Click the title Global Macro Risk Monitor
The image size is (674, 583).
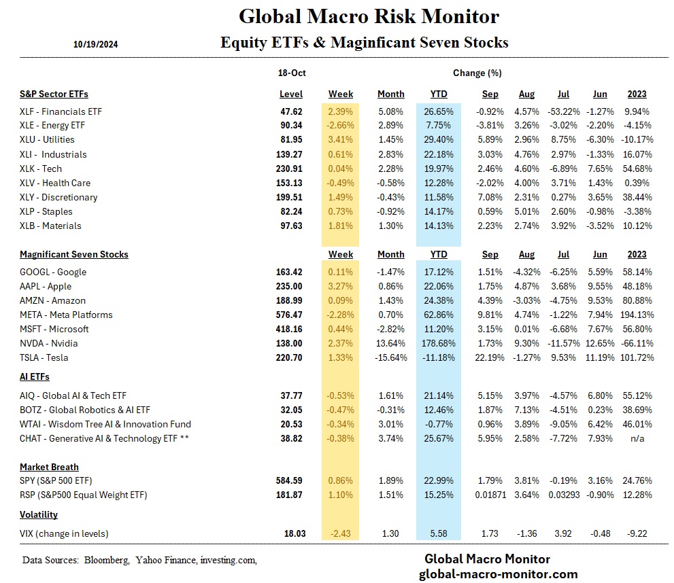[x=369, y=16]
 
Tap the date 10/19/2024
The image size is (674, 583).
[x=96, y=45]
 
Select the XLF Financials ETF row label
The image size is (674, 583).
[x=61, y=111]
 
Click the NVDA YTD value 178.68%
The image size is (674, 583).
[x=437, y=344]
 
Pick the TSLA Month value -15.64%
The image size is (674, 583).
[x=390, y=358]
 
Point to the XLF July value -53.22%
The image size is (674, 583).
[x=561, y=111]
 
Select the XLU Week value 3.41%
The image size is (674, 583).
[x=340, y=140]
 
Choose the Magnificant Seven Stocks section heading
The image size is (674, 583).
[x=74, y=255]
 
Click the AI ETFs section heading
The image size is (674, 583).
[x=35, y=376]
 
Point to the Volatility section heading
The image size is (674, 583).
[x=39, y=515]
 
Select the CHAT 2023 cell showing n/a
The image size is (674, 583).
[x=637, y=439]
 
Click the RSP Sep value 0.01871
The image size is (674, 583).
[x=490, y=495]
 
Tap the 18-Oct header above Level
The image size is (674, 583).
[x=290, y=73]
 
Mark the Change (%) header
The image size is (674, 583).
[x=477, y=73]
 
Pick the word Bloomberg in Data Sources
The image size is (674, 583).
[x=107, y=561]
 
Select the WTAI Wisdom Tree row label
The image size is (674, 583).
[x=105, y=425]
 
